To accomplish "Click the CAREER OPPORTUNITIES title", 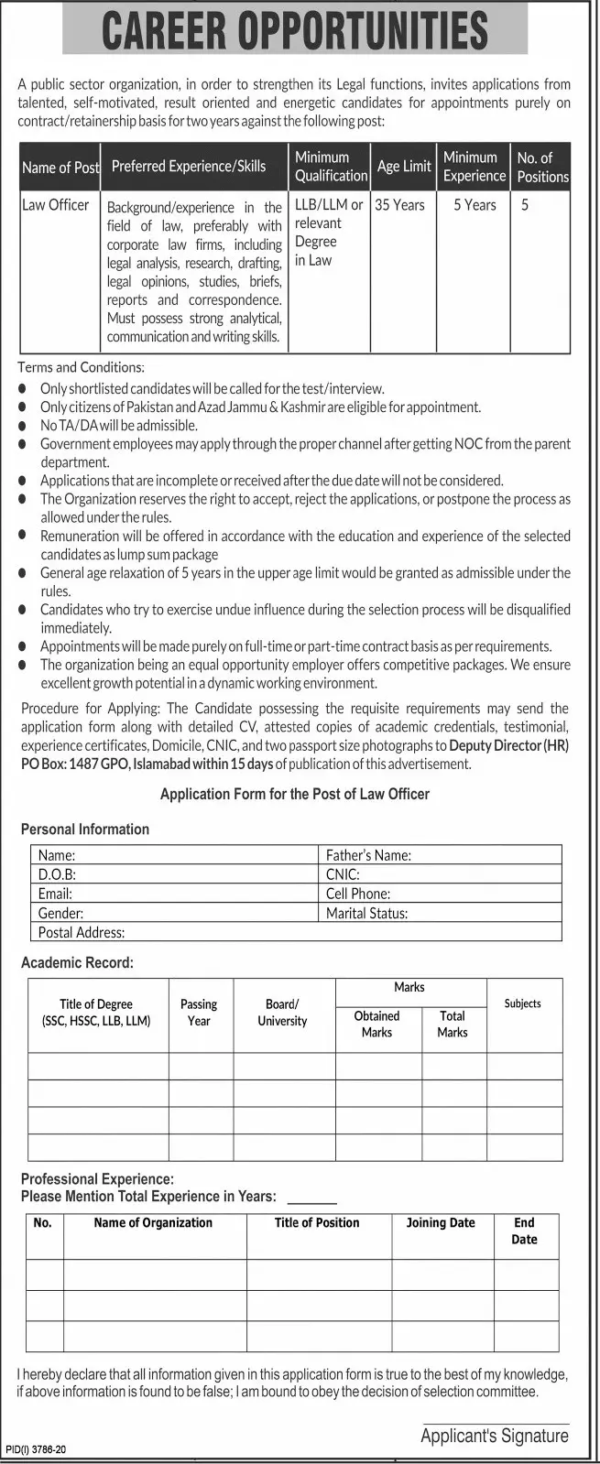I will [295, 29].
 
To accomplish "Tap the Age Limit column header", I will [404, 167].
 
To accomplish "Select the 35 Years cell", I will [400, 205].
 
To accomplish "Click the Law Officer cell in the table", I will [56, 205].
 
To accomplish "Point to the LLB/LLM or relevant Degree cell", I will [329, 233].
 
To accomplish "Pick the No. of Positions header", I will [542, 167].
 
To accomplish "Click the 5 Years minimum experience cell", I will [475, 205].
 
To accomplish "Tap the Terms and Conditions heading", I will [81, 367].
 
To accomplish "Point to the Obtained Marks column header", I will [376, 1024].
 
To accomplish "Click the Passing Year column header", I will [199, 1012].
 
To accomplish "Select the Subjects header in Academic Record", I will [522, 1003].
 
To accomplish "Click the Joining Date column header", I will [441, 1222].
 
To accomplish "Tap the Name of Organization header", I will [153, 1222].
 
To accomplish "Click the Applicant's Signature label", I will [494, 1436].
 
